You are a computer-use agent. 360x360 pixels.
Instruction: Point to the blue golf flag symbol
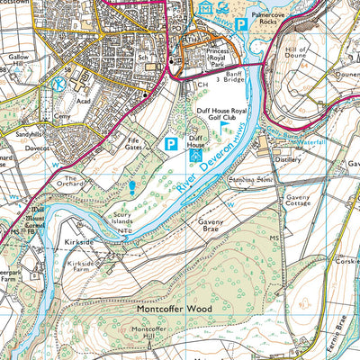click(x=222, y=130)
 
